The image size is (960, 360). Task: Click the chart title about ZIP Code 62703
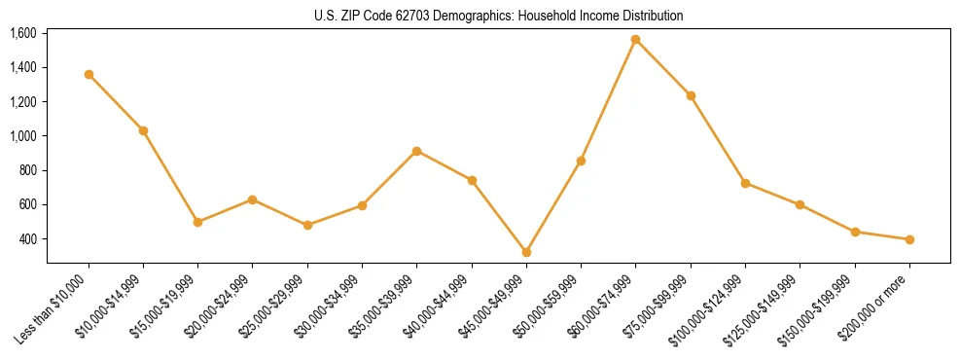click(499, 16)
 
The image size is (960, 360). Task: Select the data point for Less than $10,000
click(89, 74)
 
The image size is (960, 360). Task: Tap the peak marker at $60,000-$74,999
click(636, 40)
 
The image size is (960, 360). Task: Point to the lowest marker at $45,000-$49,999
click(526, 252)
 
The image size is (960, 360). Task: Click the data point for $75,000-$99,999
click(691, 95)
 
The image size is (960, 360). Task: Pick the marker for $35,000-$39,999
click(416, 151)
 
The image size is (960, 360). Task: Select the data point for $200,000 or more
click(909, 239)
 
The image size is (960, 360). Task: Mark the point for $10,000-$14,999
click(143, 130)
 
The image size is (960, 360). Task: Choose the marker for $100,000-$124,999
click(745, 183)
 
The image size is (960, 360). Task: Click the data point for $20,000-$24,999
click(253, 199)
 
